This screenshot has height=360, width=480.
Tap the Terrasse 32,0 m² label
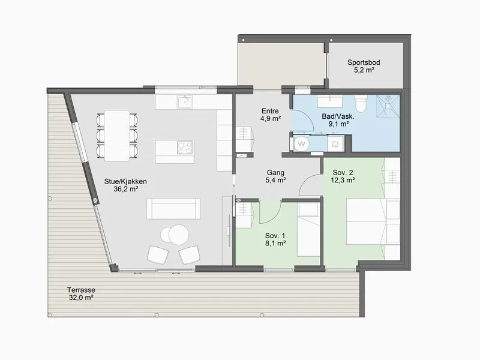tap(81, 293)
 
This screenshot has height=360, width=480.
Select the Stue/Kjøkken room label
tap(125, 185)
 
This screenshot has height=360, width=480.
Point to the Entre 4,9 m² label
tap(271, 115)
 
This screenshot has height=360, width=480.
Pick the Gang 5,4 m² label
tap(275, 176)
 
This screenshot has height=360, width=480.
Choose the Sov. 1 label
tap(275, 239)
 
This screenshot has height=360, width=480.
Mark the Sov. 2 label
tap(343, 176)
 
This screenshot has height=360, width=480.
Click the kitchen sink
tap(185, 102)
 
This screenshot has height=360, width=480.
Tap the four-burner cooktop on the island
tap(185, 148)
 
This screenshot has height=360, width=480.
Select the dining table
tap(117, 136)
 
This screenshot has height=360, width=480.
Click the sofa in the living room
tap(173, 208)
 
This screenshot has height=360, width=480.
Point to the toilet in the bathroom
tap(361, 104)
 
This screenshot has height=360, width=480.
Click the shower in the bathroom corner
tap(388, 106)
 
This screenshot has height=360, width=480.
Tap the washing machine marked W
tap(302, 143)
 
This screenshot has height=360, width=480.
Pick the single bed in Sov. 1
tap(308, 229)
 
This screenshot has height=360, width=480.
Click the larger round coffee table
tap(178, 235)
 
